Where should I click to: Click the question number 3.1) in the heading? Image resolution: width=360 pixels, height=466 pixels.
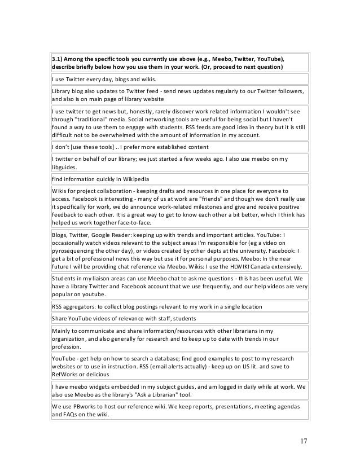pos(58,59)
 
